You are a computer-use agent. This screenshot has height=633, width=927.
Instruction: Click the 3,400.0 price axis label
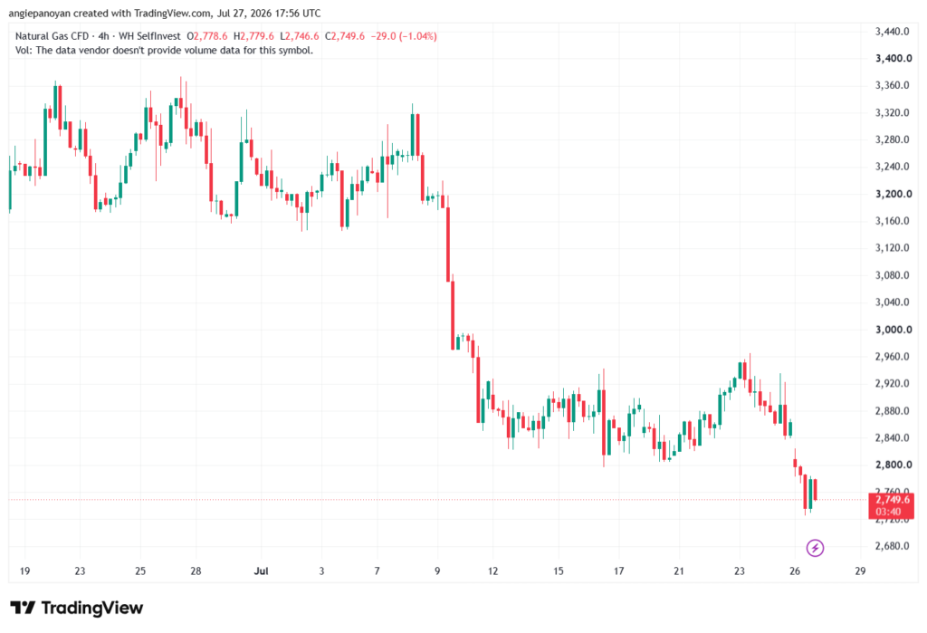point(894,59)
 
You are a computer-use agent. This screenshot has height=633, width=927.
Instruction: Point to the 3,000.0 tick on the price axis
point(894,330)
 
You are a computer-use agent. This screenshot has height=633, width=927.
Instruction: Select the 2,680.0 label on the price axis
point(892,546)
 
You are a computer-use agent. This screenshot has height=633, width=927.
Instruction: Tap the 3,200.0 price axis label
point(894,194)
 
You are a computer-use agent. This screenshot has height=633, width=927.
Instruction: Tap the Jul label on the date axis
point(261,571)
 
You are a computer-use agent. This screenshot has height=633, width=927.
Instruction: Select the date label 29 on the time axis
point(860,571)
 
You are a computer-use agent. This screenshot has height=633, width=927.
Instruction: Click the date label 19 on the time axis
point(24,571)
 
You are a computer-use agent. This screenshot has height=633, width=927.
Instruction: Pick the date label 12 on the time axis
point(492,571)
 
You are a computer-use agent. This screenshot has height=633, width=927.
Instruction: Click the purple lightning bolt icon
point(815,548)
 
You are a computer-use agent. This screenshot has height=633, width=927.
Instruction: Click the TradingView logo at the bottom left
point(76,609)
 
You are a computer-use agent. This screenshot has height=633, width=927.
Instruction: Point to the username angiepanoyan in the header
point(40,13)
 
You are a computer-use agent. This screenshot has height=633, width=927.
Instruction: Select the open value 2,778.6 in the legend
point(210,36)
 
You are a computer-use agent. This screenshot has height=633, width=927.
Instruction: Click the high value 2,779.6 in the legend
point(257,36)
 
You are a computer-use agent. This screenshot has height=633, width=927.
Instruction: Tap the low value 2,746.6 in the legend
point(302,36)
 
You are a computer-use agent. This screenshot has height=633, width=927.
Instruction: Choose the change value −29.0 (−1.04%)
point(404,36)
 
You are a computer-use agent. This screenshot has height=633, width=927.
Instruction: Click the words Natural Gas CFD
point(52,36)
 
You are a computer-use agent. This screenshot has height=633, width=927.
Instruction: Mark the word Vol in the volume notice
point(23,51)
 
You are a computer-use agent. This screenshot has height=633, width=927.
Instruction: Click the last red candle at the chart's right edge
point(816,490)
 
